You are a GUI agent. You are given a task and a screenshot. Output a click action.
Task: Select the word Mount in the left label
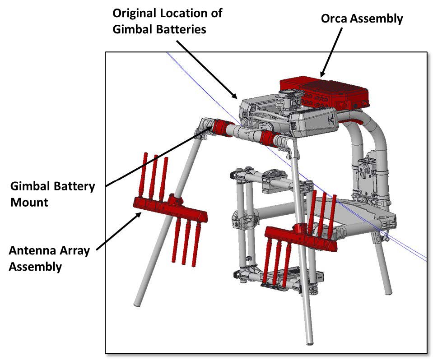tap(29, 202)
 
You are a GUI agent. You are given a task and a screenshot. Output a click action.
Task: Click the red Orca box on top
tap(324, 92)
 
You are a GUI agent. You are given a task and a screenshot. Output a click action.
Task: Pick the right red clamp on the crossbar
tap(267, 138)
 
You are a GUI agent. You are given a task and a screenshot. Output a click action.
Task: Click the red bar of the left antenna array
tap(169, 210)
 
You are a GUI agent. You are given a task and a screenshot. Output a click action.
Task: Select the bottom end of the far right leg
tap(388, 289)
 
